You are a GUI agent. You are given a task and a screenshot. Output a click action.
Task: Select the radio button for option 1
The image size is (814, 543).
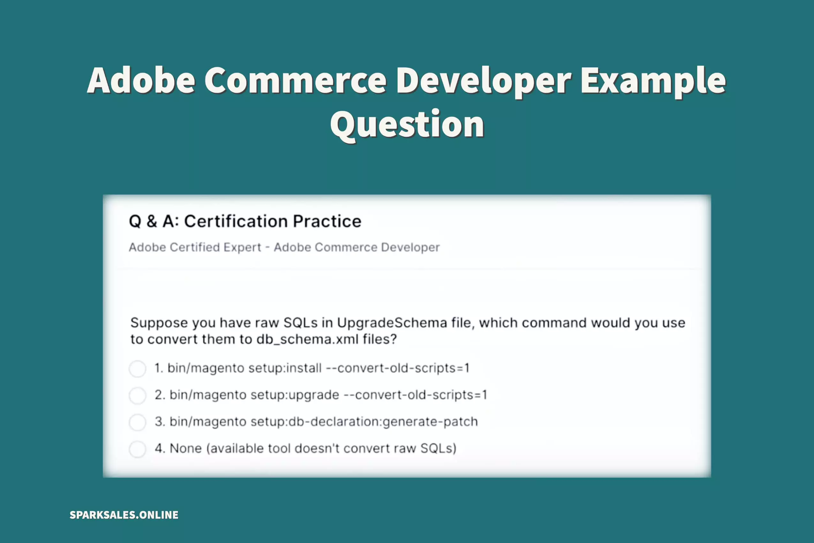point(137,369)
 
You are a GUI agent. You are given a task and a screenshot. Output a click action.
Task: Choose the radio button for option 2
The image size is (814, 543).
point(137,395)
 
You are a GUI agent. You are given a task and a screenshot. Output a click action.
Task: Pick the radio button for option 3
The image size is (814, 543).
point(137,422)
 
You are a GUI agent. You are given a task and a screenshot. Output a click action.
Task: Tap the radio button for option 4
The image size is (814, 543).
point(137,449)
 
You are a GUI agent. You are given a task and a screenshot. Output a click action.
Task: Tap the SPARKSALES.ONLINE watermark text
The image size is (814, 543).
point(124,515)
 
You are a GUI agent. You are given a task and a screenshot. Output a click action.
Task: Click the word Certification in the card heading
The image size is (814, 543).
point(238,221)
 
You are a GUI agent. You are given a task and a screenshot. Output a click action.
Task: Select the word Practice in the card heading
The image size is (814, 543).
point(327,221)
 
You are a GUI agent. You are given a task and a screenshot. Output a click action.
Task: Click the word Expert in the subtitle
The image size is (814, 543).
point(242,248)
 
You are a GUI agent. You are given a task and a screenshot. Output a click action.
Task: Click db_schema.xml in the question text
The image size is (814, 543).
point(307,339)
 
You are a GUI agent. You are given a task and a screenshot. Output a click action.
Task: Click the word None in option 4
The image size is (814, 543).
point(185,448)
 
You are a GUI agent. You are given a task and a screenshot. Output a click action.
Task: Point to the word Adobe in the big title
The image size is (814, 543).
point(141,80)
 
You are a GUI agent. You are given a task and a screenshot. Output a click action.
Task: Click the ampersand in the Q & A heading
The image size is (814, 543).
point(152,221)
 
